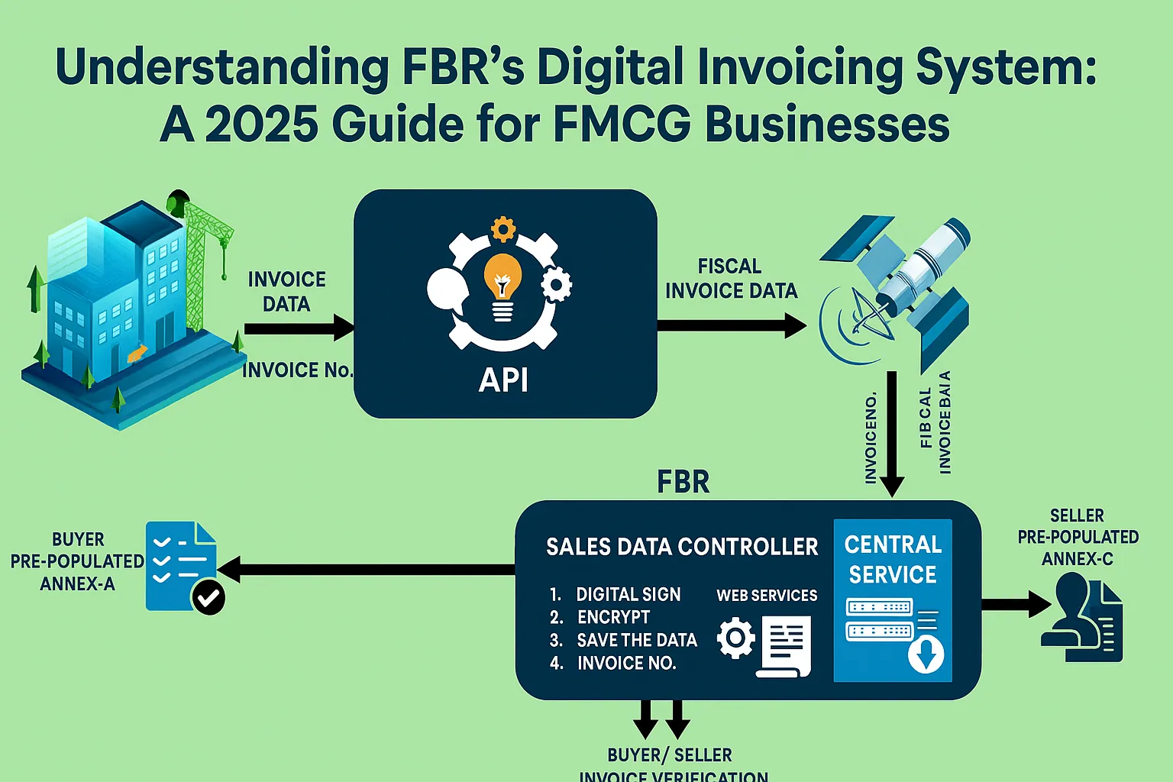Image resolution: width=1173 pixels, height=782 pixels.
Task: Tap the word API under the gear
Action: [503, 380]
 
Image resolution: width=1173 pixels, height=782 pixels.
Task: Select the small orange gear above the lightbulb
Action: [502, 228]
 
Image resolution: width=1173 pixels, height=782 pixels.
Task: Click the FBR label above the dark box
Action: [683, 483]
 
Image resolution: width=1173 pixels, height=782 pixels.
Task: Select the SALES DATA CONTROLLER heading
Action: [681, 547]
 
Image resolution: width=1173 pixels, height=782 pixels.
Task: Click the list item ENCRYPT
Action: [613, 617]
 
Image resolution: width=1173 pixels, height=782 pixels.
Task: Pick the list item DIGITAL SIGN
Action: [628, 594]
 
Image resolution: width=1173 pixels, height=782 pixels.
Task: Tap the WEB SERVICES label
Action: [767, 596]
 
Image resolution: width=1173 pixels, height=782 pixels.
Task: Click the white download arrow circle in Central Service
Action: [926, 654]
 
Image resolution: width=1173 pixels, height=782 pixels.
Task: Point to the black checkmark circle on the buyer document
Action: [208, 597]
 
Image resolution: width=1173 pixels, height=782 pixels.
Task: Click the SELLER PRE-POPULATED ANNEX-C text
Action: [1078, 537]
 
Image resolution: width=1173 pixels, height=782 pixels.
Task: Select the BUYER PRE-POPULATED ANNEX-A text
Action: [77, 561]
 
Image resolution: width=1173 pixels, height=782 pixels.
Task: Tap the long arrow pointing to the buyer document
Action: [367, 569]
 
